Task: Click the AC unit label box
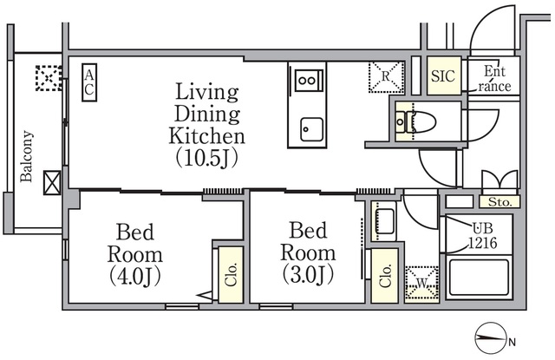(x=89, y=82)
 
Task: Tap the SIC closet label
(x=443, y=75)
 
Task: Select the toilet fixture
(x=415, y=122)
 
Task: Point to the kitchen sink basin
(x=312, y=129)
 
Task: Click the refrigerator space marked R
(x=386, y=77)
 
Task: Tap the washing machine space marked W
(x=421, y=284)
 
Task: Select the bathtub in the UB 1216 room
(x=479, y=278)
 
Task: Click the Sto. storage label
(x=499, y=202)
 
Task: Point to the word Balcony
(x=27, y=156)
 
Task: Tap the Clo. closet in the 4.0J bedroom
(x=231, y=275)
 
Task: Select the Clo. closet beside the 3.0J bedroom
(x=385, y=276)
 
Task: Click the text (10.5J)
(x=207, y=158)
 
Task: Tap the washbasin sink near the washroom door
(x=383, y=222)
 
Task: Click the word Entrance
(x=494, y=79)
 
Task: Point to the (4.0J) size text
(x=135, y=276)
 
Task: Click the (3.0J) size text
(x=309, y=274)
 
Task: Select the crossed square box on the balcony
(x=52, y=183)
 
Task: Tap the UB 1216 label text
(x=483, y=235)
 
